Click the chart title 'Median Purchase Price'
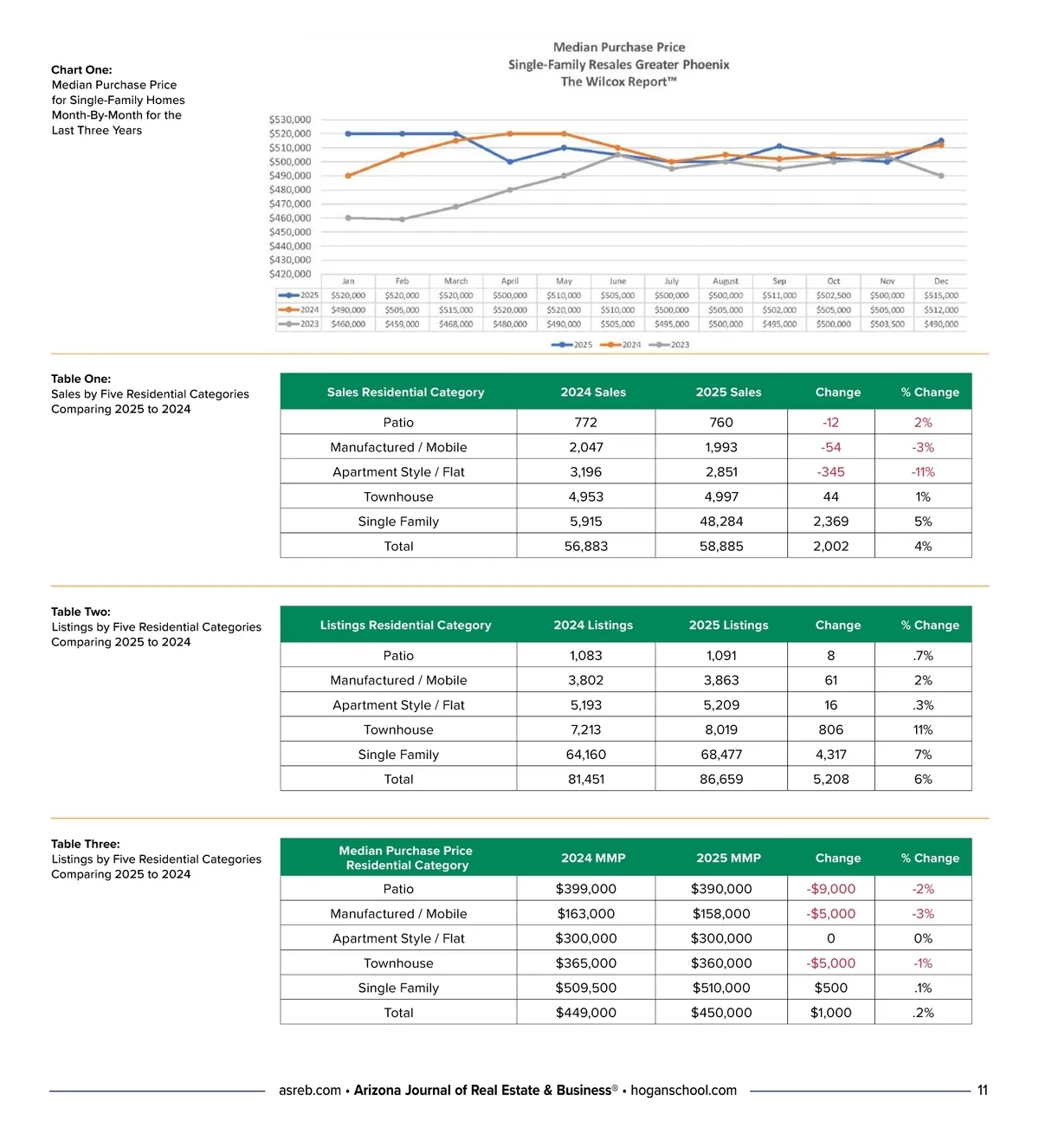[x=619, y=48]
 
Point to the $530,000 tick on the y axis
[x=290, y=120]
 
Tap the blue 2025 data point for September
[x=779, y=146]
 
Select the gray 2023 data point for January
[x=348, y=217]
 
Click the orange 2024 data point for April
[x=510, y=133]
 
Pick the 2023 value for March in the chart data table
[x=455, y=324]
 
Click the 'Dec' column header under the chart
[x=941, y=282]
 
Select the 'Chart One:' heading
[x=81, y=70]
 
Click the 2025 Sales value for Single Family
[x=721, y=522]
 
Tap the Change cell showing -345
[x=831, y=472]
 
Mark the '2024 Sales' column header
[x=593, y=392]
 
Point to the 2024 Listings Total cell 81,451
[x=586, y=780]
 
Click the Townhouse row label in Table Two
[x=398, y=730]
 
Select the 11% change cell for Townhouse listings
[x=923, y=730]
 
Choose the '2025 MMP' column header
[x=728, y=859]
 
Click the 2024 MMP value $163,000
[x=586, y=914]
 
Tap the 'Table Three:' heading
[x=86, y=844]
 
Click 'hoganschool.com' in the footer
[x=683, y=1091]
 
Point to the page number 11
[x=982, y=1091]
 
